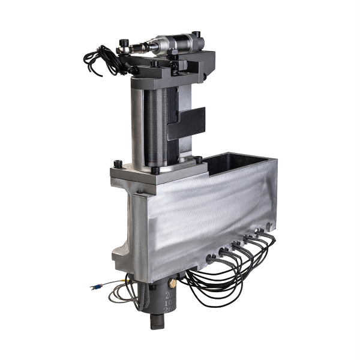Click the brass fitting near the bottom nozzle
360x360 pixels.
[x=172, y=281]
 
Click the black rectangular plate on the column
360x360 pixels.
[x=187, y=123]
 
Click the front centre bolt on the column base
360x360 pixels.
[x=155, y=170]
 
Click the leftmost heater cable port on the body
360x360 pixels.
[x=211, y=259]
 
